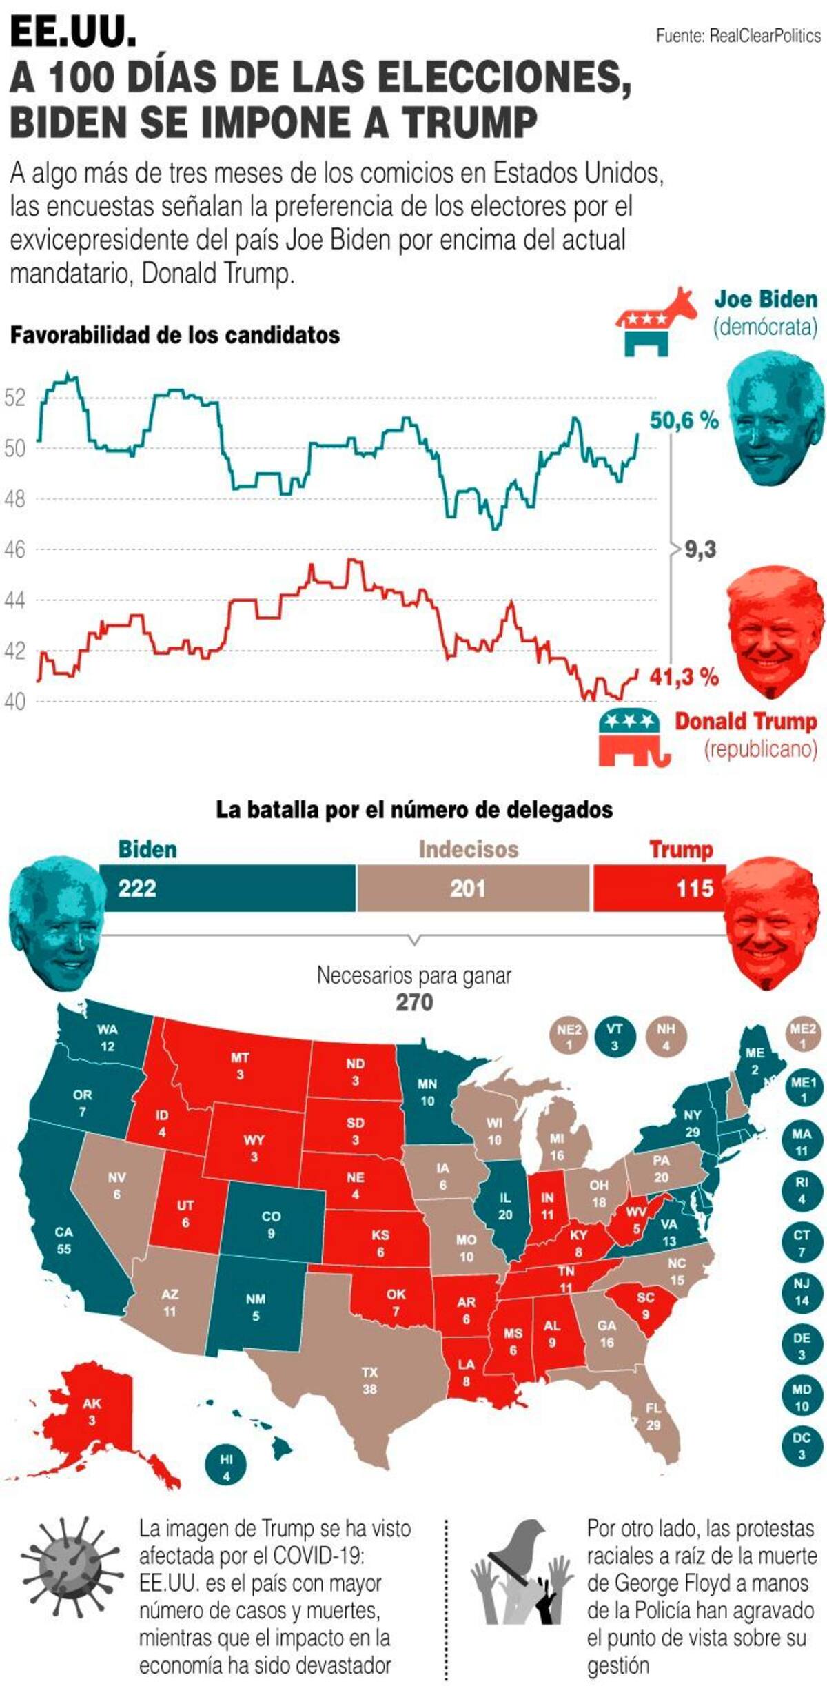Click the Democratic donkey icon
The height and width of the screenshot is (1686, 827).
(655, 321)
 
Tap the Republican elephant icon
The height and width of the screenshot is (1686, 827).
(633, 737)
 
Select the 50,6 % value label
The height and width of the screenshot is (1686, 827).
(684, 420)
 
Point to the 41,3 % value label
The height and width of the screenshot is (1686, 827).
(684, 677)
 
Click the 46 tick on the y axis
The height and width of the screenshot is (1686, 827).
(14, 549)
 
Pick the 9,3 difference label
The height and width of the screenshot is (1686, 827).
(700, 549)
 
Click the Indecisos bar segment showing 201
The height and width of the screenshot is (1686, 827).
(473, 888)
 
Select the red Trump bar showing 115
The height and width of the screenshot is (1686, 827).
(660, 888)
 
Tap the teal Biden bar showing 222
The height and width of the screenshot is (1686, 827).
(227, 888)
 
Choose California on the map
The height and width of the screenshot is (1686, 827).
(65, 1234)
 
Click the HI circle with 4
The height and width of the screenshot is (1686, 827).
(226, 1467)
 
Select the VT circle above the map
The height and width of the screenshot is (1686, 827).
(614, 1037)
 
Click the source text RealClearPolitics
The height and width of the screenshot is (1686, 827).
(765, 36)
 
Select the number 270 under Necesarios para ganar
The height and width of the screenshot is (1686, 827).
(414, 1002)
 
